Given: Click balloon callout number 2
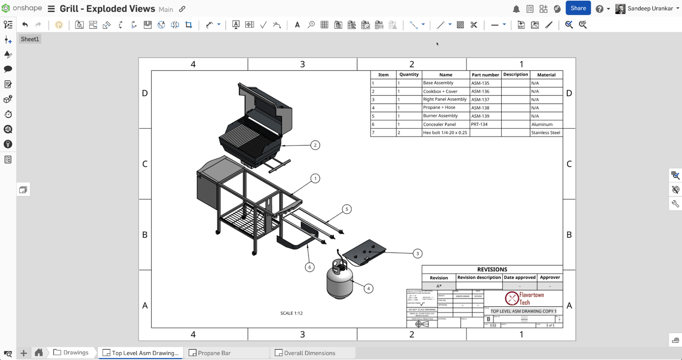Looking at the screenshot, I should coord(315,145).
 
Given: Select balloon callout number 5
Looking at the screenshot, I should coord(347,209).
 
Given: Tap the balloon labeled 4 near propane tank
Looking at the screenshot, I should coord(368,288).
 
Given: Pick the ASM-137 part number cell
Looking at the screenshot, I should coord(485,99).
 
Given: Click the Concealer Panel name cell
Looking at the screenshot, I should coord(445,124).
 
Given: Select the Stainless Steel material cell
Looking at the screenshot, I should coord(546,133).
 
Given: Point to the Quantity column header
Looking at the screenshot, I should coord(409,75).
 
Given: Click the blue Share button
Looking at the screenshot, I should coord(578,8).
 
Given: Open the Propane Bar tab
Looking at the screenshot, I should coord(214,353).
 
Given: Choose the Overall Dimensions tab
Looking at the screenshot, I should coord(309,353).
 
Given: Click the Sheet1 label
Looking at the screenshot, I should coord(30,39).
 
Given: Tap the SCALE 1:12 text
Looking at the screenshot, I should coord(291,313).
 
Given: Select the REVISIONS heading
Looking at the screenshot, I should coord(492,270).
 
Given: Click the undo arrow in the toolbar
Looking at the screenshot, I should coord(25,25).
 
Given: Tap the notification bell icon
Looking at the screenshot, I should coord(516,9).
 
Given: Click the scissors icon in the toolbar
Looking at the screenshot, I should coord(474,25).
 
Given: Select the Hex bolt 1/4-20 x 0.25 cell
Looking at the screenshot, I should coord(445,133).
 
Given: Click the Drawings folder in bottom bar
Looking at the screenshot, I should coord(71,352).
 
